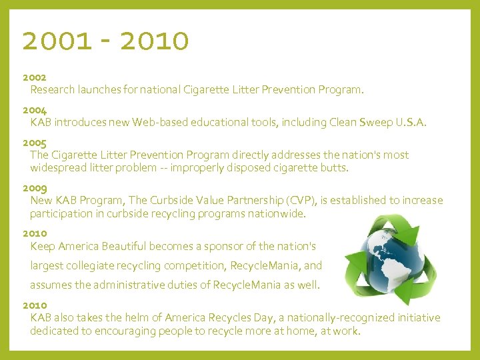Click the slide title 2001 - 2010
point(105,41)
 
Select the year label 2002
point(35,77)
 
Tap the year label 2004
point(35,110)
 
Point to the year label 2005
point(35,143)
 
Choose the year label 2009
point(35,188)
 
